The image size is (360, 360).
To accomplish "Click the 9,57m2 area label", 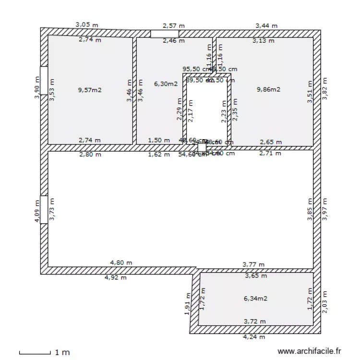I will pos(89,89).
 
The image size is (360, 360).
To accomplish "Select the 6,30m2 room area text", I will pos(166,84).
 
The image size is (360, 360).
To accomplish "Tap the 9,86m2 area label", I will pos(268,89).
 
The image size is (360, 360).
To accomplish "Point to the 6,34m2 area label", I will pos(255,298).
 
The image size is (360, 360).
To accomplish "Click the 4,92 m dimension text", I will pos(115,277).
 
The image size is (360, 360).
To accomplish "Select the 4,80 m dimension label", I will pos(121,263).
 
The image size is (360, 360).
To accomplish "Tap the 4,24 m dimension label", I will pos(254,337).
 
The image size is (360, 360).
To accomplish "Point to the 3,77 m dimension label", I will pos(253,264).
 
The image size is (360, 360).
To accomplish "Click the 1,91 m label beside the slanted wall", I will pos(187,304).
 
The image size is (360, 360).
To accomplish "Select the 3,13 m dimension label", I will pos(263,41).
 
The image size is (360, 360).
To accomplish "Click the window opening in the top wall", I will pos(165,34).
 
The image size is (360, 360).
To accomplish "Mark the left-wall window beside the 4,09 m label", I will pos(44,209).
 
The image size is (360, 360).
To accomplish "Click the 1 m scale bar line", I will pos(35,353).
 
